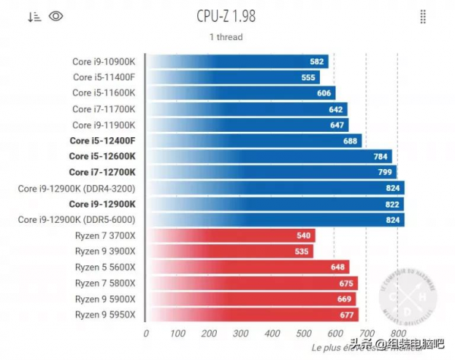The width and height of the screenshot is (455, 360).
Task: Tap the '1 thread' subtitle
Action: coord(226,36)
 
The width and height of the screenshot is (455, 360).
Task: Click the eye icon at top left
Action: coord(55,17)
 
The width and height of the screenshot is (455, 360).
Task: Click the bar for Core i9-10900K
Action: coord(236,61)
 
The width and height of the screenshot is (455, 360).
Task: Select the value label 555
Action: coord(308,77)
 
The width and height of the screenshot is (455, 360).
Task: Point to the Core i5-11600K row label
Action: coord(104,93)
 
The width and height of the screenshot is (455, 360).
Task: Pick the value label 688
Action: coord(350,141)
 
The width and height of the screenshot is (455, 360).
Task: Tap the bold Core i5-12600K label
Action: coord(102,156)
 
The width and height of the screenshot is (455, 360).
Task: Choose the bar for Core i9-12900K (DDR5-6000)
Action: coord(274,220)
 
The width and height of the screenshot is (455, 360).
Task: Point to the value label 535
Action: coord(302,252)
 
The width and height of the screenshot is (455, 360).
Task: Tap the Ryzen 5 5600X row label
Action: coord(105,268)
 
